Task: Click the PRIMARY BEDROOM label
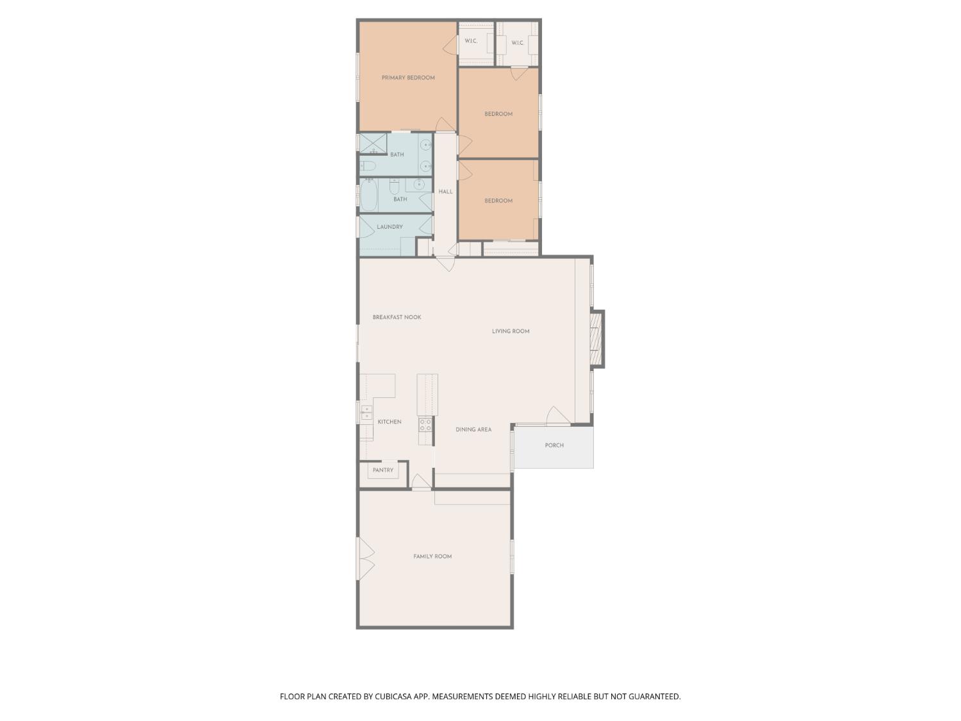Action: coord(408,78)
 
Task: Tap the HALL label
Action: coord(445,192)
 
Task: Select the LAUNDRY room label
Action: coord(390,227)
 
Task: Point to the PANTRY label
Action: coord(383,470)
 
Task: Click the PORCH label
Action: coord(554,445)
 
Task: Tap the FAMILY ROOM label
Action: coord(432,557)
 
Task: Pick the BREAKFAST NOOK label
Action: coord(397,317)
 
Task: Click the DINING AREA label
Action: coord(473,430)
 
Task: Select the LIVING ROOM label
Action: coord(511,331)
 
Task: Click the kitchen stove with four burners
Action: coord(425,424)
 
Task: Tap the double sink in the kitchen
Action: coord(366,412)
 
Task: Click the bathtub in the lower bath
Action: coord(368,196)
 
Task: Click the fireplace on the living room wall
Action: coord(596,338)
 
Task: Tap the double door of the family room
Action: coord(365,558)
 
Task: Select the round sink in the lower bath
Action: coord(419,185)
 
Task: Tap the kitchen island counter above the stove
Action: coord(427,395)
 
